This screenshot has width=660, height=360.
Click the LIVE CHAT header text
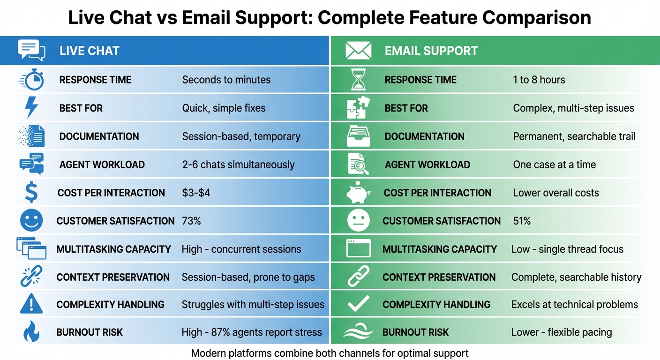(x=89, y=51)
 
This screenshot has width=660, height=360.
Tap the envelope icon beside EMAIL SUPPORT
(x=358, y=51)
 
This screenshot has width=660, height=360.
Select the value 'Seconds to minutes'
(x=226, y=80)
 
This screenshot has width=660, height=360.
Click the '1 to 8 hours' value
(x=539, y=80)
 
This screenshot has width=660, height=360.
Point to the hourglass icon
(x=359, y=80)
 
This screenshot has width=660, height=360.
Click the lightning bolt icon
(x=31, y=108)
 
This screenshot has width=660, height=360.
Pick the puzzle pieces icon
(x=359, y=108)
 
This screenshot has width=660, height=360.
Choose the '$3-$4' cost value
(x=196, y=193)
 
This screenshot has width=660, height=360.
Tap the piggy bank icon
(x=359, y=192)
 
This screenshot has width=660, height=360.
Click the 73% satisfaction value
(x=191, y=221)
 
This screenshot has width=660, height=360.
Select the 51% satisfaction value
(x=522, y=221)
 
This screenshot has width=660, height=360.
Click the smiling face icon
(x=31, y=220)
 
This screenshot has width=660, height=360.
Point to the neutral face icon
(x=359, y=220)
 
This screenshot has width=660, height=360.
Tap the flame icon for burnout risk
(x=31, y=332)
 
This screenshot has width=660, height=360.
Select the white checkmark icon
(x=359, y=305)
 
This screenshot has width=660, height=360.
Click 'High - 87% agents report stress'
(x=252, y=332)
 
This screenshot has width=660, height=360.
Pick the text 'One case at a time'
(x=554, y=165)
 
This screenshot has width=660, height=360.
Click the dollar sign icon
(x=31, y=193)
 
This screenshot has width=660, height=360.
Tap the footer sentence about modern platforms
(x=330, y=353)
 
